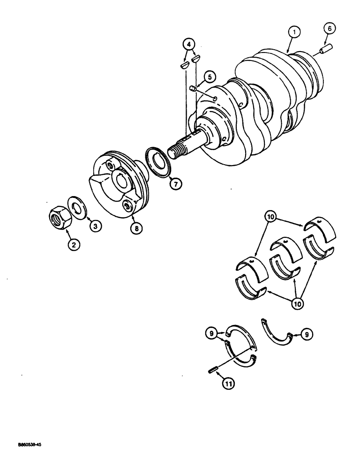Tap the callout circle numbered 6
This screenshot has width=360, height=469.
coord(330,29)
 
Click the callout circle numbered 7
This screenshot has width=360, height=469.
coord(174,184)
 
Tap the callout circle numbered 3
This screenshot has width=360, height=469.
coord(95,226)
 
